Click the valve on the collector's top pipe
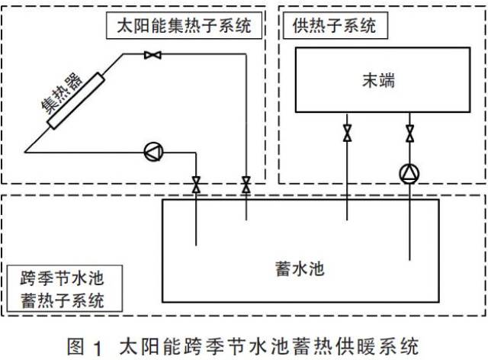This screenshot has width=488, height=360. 151,54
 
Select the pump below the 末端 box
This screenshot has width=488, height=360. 410,174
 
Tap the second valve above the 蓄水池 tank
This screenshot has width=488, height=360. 246,184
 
